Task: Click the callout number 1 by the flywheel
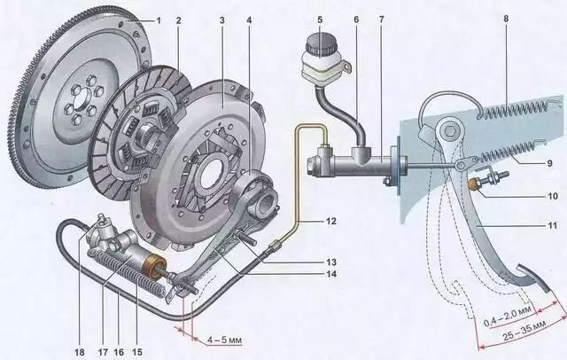159,20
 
